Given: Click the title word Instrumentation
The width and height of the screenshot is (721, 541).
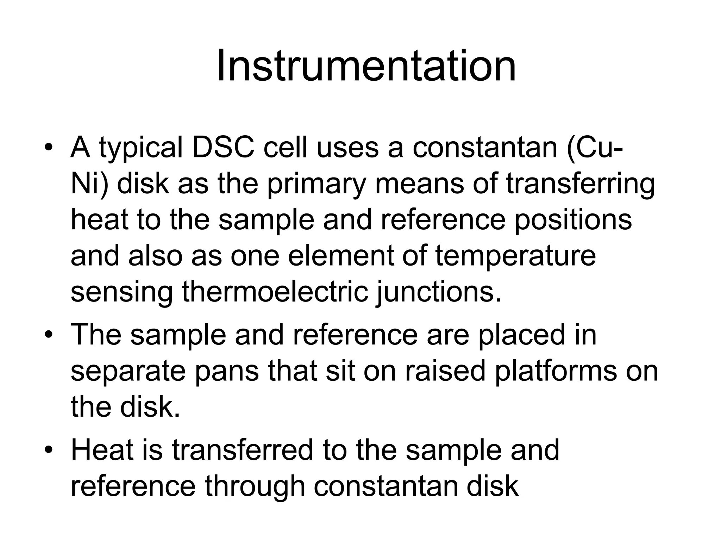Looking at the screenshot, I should click(x=366, y=66).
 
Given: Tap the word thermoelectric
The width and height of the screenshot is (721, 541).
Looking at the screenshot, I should click(x=275, y=292).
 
